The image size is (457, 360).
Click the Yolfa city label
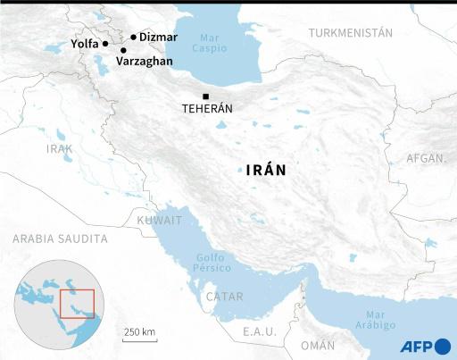[x=84, y=42]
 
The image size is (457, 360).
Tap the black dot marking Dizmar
[x=133, y=38]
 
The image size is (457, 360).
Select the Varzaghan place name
[x=146, y=63]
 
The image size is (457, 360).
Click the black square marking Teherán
[x=206, y=96]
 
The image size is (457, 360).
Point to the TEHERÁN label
[x=207, y=108]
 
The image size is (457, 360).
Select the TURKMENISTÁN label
[x=351, y=32]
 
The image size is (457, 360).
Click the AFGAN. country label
[x=426, y=158]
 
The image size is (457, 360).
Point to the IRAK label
[x=61, y=149]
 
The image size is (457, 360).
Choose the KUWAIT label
[x=159, y=220]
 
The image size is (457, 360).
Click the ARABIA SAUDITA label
[x=60, y=239]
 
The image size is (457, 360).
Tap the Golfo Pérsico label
[x=213, y=264]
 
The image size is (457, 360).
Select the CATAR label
[x=224, y=296]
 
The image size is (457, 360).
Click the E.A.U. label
[x=260, y=331]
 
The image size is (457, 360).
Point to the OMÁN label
[x=318, y=345]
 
